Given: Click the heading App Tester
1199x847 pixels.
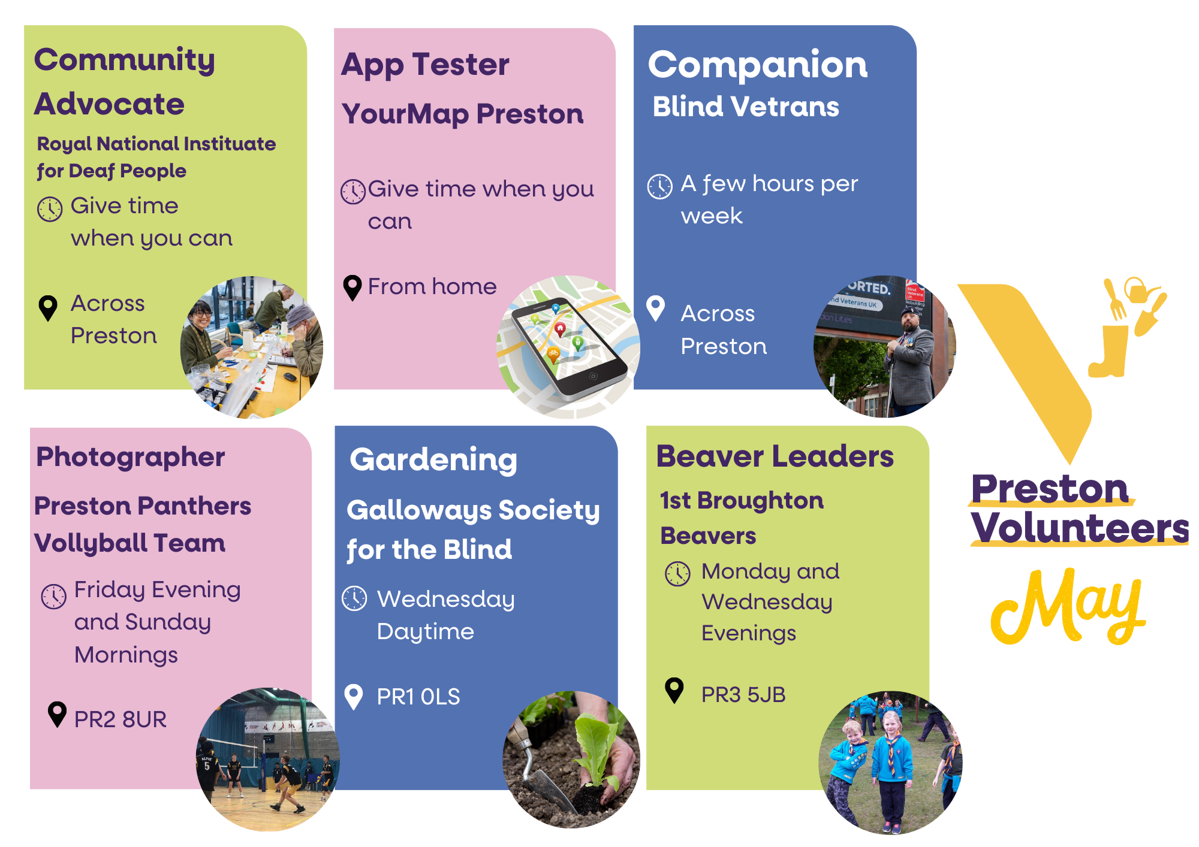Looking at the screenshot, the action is point(425,65).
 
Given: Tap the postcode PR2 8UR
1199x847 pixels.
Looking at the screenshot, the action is point(120,719).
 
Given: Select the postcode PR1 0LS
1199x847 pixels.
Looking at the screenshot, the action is point(418,697).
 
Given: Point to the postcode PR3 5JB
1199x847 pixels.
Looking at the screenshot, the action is point(743,694).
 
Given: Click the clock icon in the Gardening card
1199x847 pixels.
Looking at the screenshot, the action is point(354,598).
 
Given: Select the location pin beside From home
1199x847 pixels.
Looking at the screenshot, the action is point(352,288).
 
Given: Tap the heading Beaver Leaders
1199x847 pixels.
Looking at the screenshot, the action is point(775,456).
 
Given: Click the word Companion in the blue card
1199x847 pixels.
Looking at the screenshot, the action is point(758,65).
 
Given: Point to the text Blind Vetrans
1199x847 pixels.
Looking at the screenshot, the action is point(746,107).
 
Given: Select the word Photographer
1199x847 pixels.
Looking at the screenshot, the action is point(131,458).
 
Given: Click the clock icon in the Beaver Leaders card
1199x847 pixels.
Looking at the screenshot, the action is point(678,574).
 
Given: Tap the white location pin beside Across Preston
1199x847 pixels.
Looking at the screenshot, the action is point(656,308).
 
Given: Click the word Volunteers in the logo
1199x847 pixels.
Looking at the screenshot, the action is point(1080,528).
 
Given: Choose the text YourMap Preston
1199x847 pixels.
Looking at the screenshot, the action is point(462,114).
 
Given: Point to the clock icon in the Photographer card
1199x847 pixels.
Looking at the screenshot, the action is point(53,596).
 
